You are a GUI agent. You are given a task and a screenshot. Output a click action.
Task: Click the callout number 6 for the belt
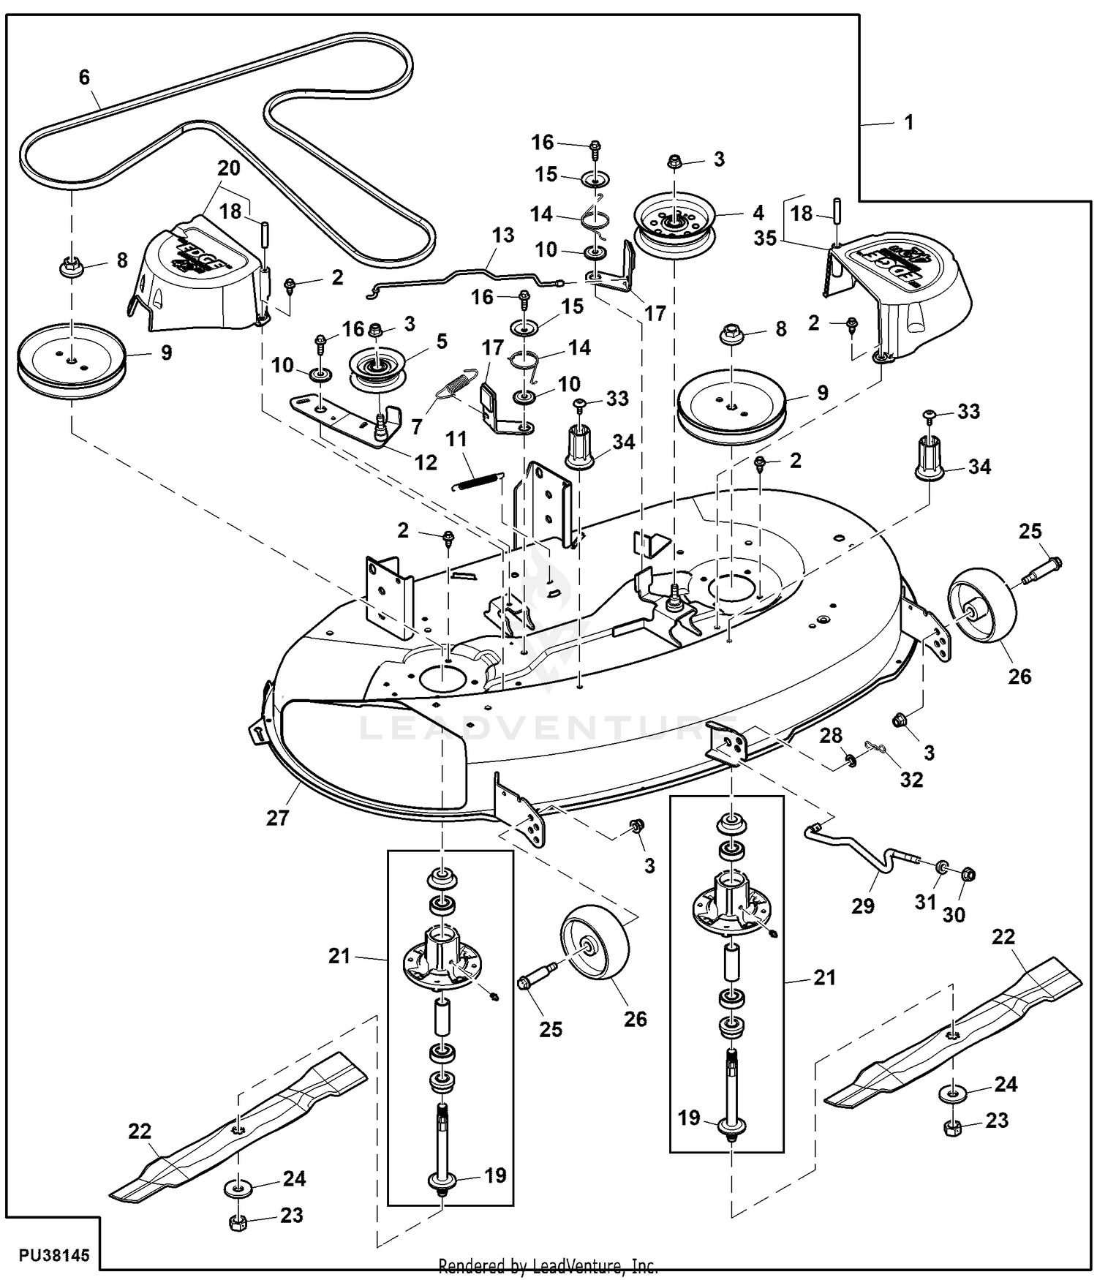84,77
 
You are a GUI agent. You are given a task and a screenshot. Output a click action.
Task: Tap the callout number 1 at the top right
909,122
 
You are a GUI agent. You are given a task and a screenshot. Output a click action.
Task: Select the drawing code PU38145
55,1255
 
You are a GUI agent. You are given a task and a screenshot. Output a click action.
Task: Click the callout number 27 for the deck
278,818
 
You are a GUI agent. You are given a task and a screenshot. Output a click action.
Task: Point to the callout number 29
863,906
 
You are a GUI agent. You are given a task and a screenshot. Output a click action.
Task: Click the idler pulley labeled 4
674,220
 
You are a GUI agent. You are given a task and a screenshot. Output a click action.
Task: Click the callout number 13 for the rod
503,236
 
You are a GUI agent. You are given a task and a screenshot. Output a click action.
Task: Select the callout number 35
765,238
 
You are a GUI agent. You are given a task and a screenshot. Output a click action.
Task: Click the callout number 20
229,168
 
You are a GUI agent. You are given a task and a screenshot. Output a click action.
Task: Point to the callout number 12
426,462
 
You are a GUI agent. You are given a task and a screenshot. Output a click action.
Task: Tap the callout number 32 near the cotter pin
911,780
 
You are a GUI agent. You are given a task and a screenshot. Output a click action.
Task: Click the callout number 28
831,735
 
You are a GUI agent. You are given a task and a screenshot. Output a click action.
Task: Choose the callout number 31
926,902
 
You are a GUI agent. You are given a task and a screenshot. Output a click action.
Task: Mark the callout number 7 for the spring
417,426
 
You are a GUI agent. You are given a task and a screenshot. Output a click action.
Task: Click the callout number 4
758,213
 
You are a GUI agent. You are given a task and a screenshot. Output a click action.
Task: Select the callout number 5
442,341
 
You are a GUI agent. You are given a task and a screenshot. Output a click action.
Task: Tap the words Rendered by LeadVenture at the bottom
548,1265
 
